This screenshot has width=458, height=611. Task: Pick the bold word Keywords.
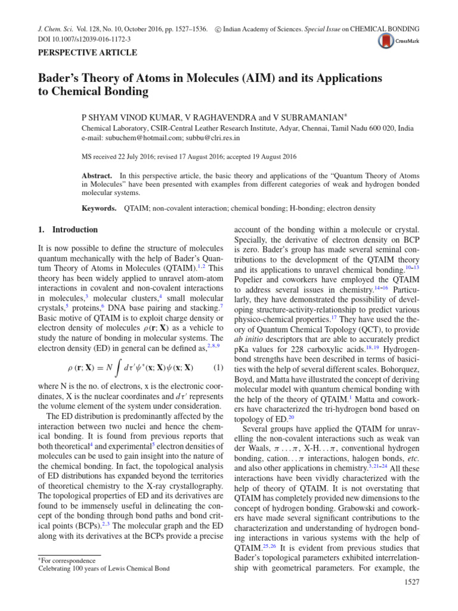(x=98, y=209)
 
